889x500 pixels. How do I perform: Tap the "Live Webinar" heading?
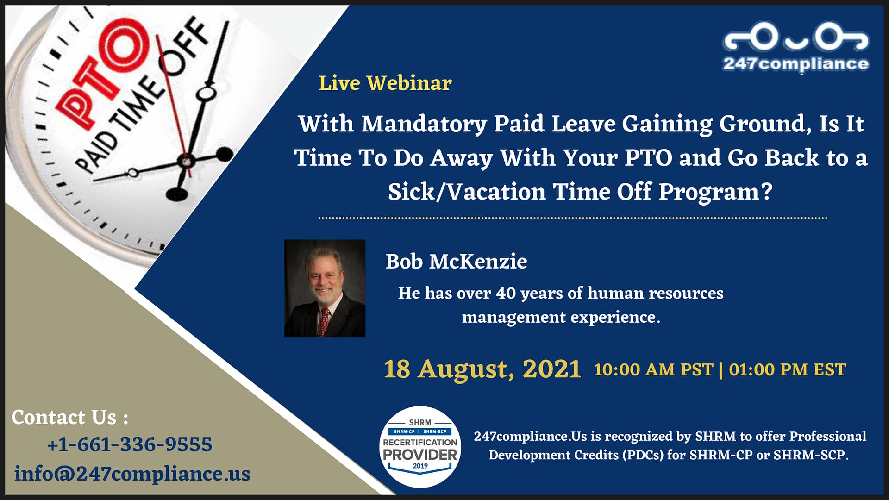(x=385, y=83)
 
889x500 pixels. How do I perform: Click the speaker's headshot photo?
(x=325, y=288)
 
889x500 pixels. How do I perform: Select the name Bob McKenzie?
(x=456, y=262)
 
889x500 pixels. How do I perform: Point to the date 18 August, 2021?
(x=482, y=369)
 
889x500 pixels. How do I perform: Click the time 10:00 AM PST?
(x=653, y=370)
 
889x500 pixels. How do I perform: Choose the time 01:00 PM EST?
(x=787, y=370)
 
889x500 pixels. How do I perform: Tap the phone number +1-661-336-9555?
(x=130, y=444)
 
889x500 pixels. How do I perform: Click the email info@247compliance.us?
(x=132, y=474)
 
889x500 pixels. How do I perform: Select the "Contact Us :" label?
(x=70, y=417)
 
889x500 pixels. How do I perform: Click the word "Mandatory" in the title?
(x=424, y=125)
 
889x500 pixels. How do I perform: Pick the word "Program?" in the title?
(x=715, y=193)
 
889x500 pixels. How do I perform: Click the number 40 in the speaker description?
(x=506, y=294)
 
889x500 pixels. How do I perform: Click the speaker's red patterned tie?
(x=324, y=322)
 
